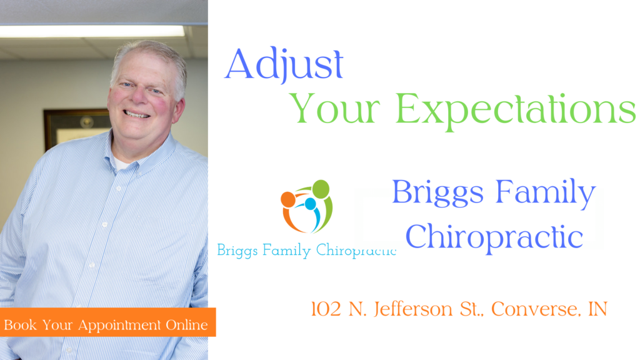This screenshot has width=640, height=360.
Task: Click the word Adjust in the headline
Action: pyautogui.click(x=284, y=64)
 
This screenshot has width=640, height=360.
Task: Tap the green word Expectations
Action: pyautogui.click(x=516, y=110)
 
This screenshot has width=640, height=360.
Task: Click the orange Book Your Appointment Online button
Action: pyautogui.click(x=107, y=322)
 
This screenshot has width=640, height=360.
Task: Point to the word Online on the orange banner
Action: pyautogui.click(x=186, y=325)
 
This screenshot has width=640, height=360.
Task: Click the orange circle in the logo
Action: pyautogui.click(x=288, y=199)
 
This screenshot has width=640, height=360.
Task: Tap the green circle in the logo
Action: pyautogui.click(x=321, y=189)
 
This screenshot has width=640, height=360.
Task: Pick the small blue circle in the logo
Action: pyautogui.click(x=310, y=204)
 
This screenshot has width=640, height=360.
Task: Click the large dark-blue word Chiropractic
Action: pyautogui.click(x=494, y=237)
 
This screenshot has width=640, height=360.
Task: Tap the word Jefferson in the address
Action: pyautogui.click(x=413, y=309)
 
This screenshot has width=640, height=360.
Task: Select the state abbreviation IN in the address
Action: pyautogui.click(x=597, y=309)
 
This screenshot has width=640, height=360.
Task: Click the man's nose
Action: pyautogui.click(x=140, y=96)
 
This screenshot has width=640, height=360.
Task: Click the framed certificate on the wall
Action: pyautogui.click(x=77, y=127)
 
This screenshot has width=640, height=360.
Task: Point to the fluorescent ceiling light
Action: pyautogui.click(x=92, y=31)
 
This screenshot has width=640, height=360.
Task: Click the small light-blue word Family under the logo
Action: pyautogui.click(x=286, y=250)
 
